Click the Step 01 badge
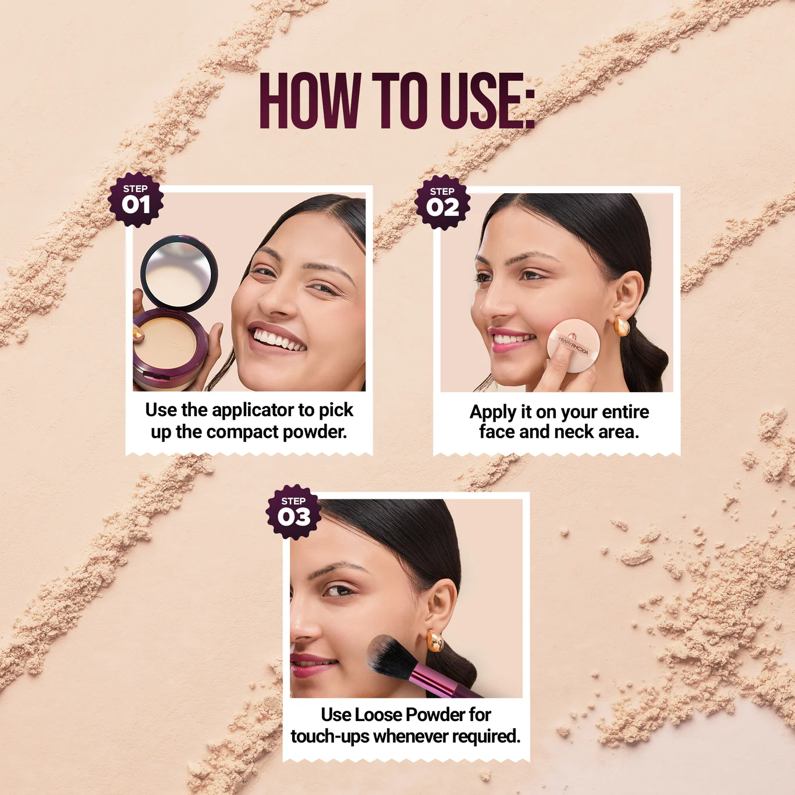click(136, 200)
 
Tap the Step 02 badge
click(442, 202)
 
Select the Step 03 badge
click(293, 512)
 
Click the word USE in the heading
click(487, 101)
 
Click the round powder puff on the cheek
click(573, 345)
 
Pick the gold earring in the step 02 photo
click(622, 325)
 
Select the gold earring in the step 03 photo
click(435, 641)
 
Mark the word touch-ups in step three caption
click(329, 736)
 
